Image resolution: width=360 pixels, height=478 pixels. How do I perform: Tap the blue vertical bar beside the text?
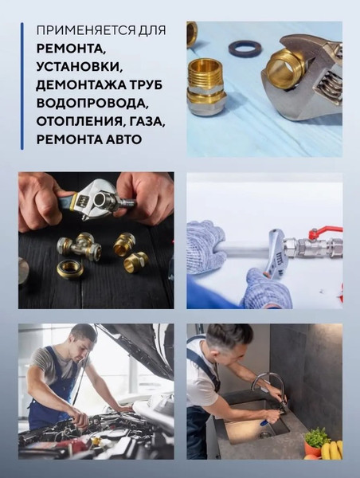pyautogui.click(x=22, y=86)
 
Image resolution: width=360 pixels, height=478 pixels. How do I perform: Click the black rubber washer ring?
pyautogui.click(x=242, y=49)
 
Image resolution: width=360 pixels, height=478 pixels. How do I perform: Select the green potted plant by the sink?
pyautogui.click(x=316, y=439)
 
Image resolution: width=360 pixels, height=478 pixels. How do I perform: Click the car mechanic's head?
pyautogui.click(x=84, y=338)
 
